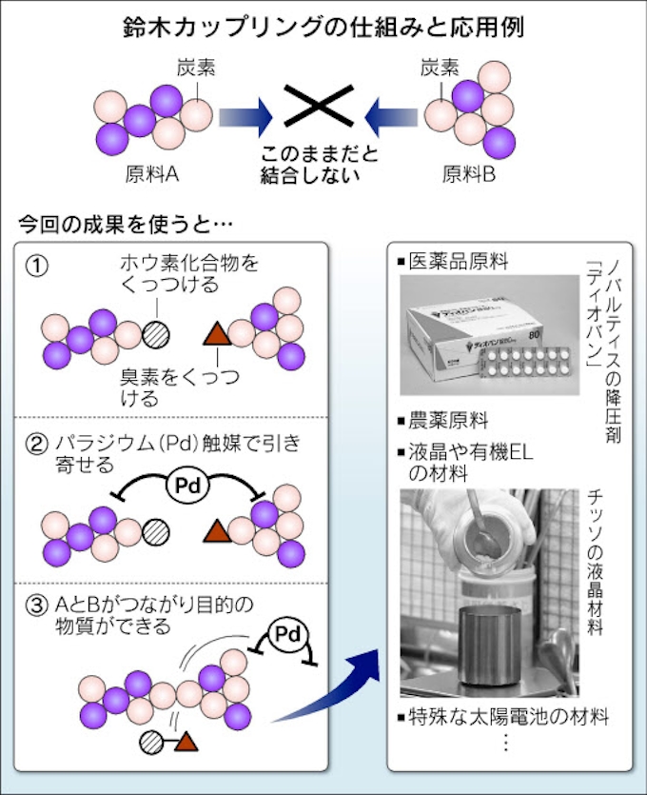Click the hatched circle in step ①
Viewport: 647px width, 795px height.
click(x=155, y=334)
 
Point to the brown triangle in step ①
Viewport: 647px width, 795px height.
click(x=218, y=334)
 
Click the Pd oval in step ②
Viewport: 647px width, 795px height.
click(x=186, y=486)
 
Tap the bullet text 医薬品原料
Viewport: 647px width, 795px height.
click(x=458, y=261)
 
